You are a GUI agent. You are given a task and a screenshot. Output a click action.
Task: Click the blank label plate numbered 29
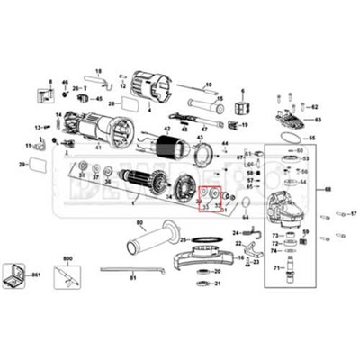click(x=39, y=165)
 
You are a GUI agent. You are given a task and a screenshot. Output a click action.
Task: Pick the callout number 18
click(x=98, y=71)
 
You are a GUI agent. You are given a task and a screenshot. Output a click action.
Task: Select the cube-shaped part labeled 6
click(x=241, y=107)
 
